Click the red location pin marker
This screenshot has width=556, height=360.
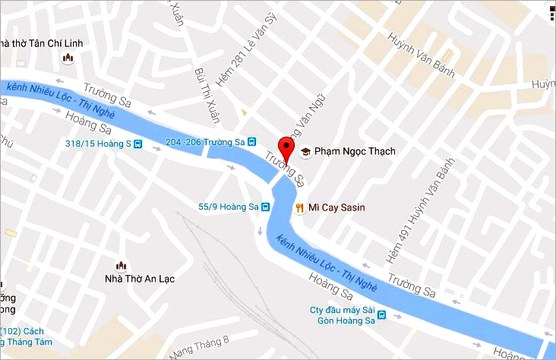286,147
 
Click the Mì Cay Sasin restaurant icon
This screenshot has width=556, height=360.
299,207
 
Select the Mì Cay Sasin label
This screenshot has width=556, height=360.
339,207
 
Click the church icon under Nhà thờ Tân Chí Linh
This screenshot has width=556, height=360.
68,58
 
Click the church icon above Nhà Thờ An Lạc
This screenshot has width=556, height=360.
120,265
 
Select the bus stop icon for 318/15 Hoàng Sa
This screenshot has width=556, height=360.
137,144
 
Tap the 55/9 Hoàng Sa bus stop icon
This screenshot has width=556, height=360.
266,206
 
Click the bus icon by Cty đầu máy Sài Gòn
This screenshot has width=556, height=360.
381,315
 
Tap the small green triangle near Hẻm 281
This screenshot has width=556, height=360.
244,114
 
